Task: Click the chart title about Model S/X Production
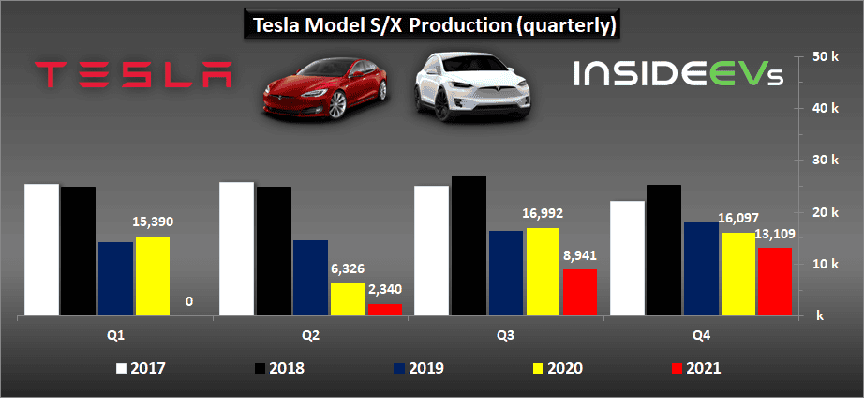point(431,25)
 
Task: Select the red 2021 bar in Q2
point(384,309)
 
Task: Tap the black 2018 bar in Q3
point(469,246)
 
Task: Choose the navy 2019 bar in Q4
point(701,269)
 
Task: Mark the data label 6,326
point(349,269)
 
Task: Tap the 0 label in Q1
point(189,301)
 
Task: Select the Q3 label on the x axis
point(506,335)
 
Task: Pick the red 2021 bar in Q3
point(580,293)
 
